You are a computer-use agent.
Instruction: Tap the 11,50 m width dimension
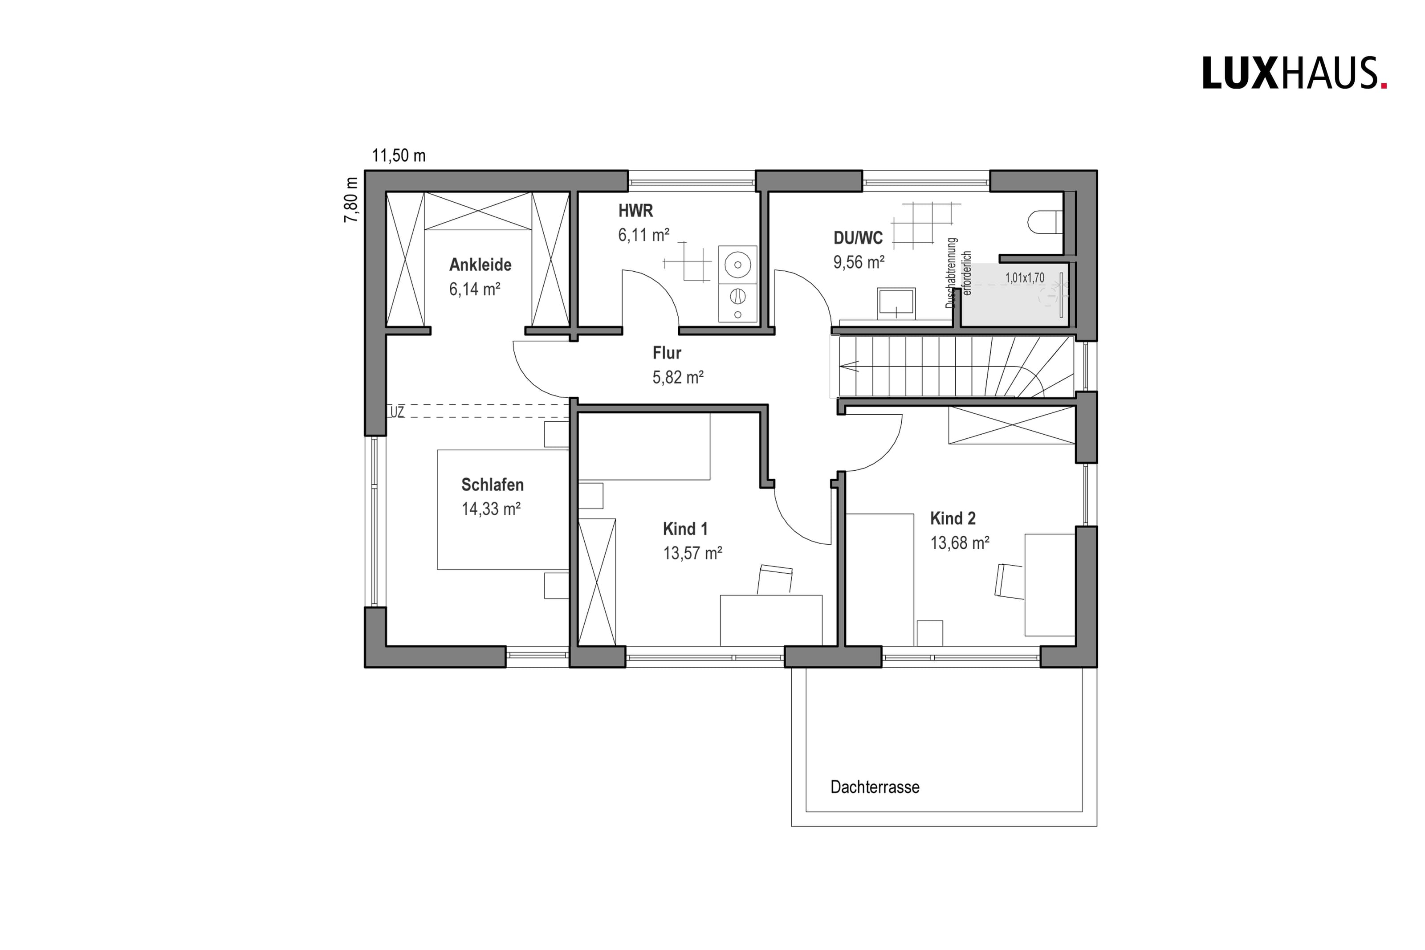point(399,156)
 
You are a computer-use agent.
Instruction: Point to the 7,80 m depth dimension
point(351,200)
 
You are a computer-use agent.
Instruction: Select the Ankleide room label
point(480,265)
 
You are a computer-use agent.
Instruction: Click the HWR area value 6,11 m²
point(644,235)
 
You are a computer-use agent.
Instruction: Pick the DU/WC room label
point(858,238)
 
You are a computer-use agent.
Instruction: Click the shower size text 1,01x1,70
point(1025,278)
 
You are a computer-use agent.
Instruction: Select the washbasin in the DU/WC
point(896,302)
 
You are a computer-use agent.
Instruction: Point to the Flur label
point(667,353)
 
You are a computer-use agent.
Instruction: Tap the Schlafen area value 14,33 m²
point(491,509)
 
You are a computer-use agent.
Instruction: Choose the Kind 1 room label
point(685,529)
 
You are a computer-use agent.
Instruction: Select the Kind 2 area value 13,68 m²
point(960,543)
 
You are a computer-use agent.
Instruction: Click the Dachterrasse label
point(875,787)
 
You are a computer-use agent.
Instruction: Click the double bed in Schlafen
point(503,510)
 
